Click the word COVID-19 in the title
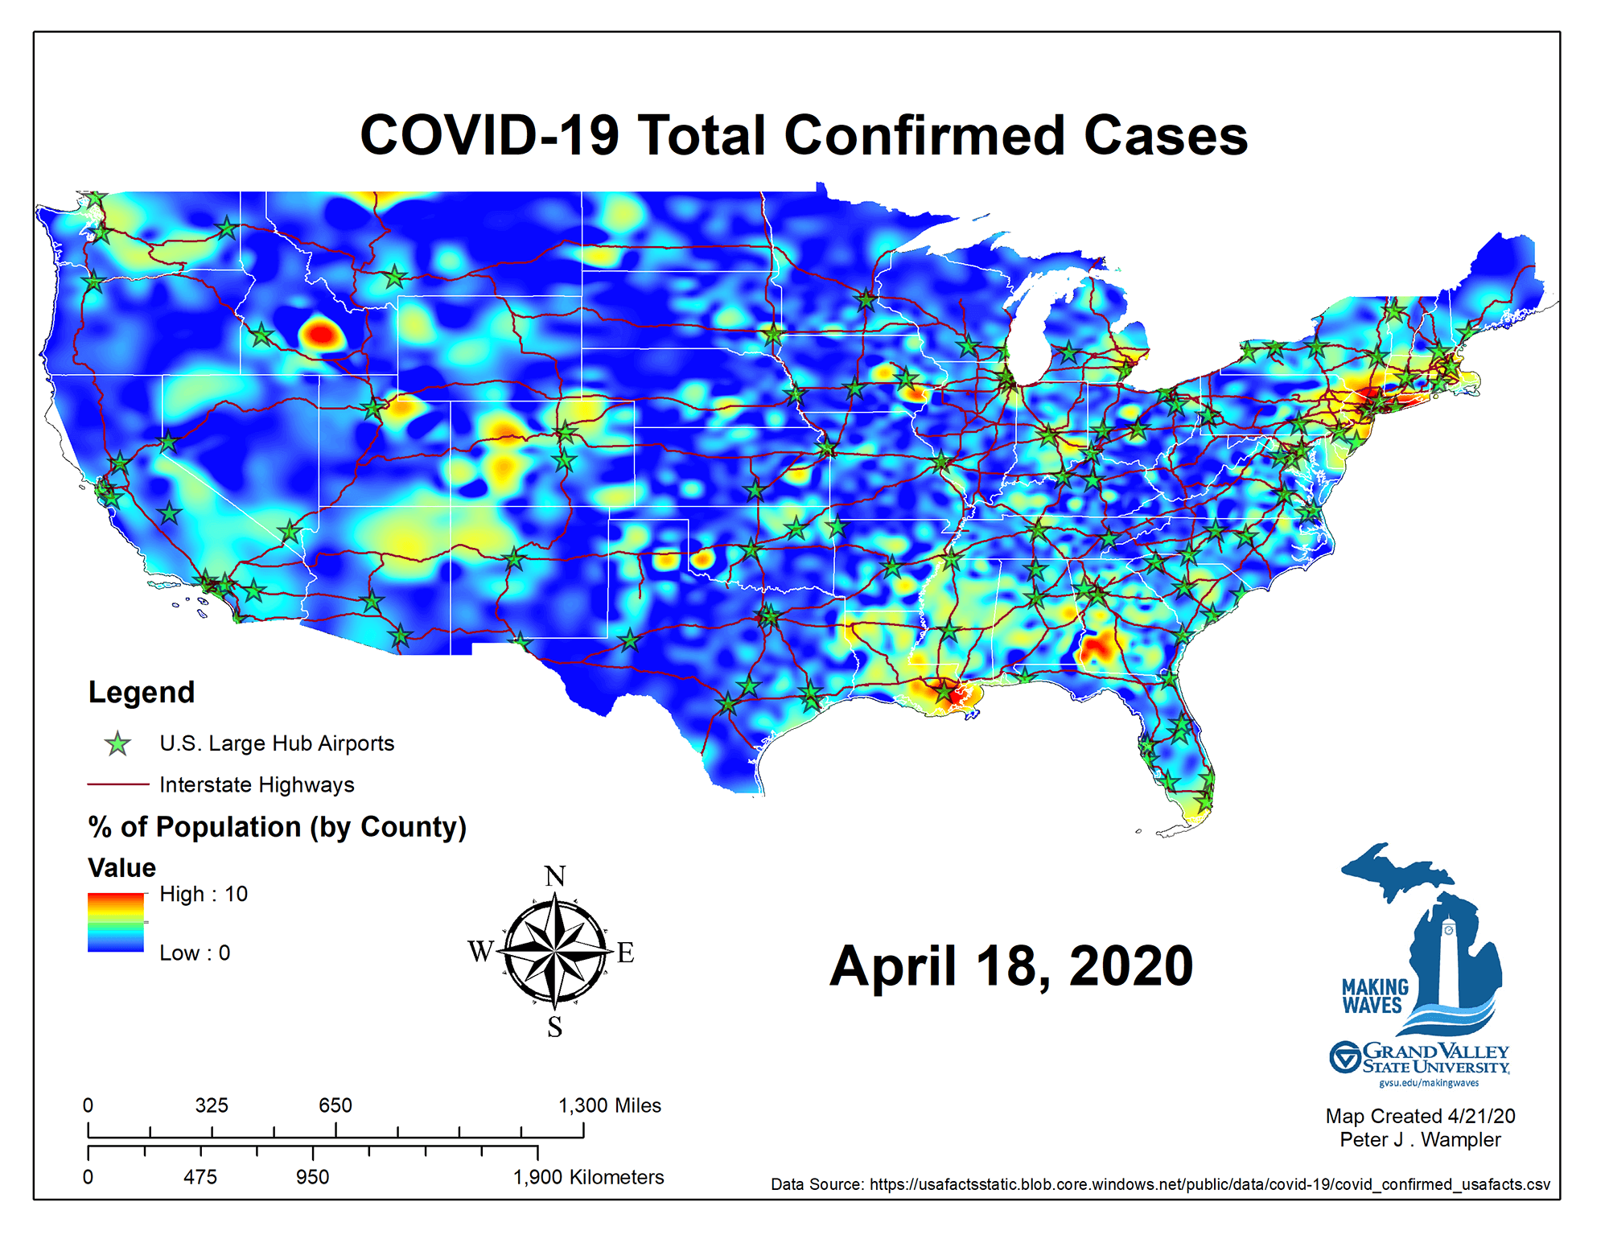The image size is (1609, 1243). pyautogui.click(x=489, y=135)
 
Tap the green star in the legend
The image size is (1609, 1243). pyautogui.click(x=118, y=744)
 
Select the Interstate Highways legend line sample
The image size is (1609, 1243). pyautogui.click(x=118, y=784)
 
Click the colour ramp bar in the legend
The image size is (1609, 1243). pyautogui.click(x=116, y=923)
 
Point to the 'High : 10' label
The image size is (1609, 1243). pyautogui.click(x=204, y=894)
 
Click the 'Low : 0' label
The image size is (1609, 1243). pyautogui.click(x=195, y=953)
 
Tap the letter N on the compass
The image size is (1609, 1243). pyautogui.click(x=555, y=876)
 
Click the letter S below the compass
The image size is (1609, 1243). pyautogui.click(x=555, y=1027)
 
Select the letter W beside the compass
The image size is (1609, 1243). pyautogui.click(x=481, y=952)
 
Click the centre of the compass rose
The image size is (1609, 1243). pyautogui.click(x=555, y=952)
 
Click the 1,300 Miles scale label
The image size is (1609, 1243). pyautogui.click(x=610, y=1105)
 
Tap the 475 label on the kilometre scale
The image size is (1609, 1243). pyautogui.click(x=200, y=1177)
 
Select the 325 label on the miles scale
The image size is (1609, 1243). pyautogui.click(x=212, y=1105)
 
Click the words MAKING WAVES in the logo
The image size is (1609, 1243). pyautogui.click(x=1375, y=996)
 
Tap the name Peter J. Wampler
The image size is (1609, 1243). pyautogui.click(x=1420, y=1140)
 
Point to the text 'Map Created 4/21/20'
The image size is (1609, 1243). pyautogui.click(x=1420, y=1117)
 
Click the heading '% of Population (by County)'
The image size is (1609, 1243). pyautogui.click(x=278, y=827)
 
